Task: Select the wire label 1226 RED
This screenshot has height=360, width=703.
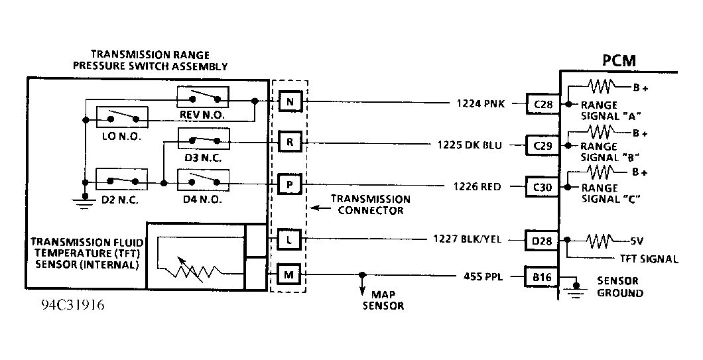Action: (x=479, y=186)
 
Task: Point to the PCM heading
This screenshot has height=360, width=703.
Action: (x=619, y=60)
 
